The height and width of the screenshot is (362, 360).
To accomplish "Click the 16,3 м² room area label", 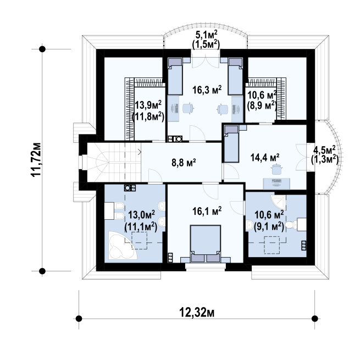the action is [x=207, y=90].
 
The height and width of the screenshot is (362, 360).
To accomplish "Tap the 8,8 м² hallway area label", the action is [x=184, y=163].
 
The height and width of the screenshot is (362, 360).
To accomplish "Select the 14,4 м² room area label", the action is [x=265, y=158].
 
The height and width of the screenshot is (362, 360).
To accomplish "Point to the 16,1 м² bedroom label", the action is [x=207, y=211].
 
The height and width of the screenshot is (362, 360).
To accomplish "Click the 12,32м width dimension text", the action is [x=197, y=313].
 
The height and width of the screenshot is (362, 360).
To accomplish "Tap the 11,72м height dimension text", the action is [x=36, y=159].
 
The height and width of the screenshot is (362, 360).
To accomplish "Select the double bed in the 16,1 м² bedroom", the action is [x=206, y=243].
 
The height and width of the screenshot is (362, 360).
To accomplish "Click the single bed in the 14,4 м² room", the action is [x=232, y=143].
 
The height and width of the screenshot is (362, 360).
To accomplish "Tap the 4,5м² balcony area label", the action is [x=324, y=150].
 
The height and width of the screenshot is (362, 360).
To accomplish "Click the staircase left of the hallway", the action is [x=114, y=163].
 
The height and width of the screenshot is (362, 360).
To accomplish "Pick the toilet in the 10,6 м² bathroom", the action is [x=291, y=225].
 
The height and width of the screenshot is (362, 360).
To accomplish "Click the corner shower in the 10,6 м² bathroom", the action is [x=279, y=202].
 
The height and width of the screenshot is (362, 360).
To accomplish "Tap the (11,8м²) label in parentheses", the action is [x=148, y=117].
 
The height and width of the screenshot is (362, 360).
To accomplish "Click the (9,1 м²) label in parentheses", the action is [x=269, y=227].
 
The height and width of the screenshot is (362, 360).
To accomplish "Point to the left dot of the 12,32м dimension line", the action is [x=79, y=319].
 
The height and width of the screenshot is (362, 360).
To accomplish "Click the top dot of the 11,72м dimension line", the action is [x=42, y=49].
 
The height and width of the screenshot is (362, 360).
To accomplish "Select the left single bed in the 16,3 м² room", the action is [x=175, y=76].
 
